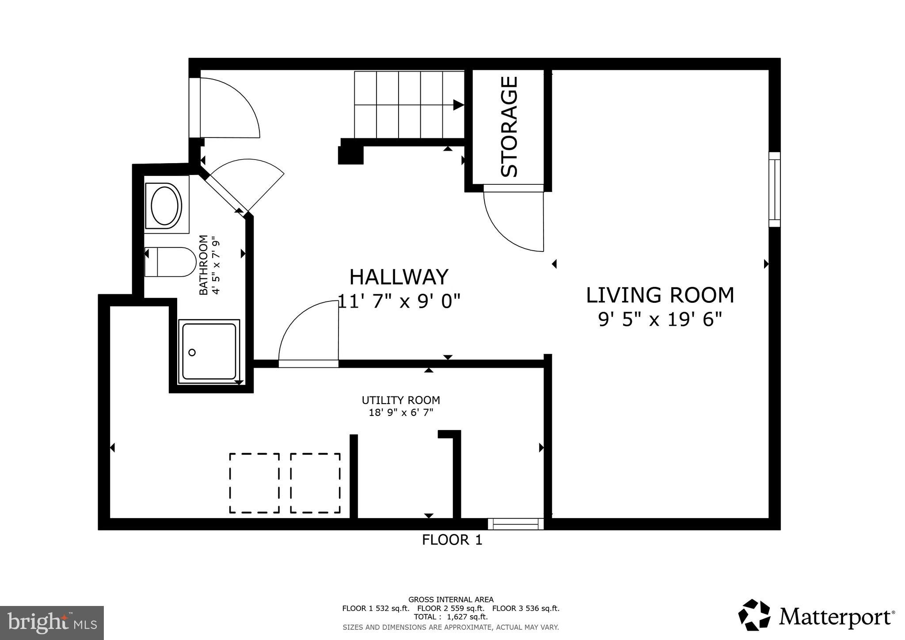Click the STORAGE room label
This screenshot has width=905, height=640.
pos(509,126)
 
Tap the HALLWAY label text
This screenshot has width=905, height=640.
pos(399,277)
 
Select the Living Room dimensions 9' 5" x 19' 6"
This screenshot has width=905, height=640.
pos(660,319)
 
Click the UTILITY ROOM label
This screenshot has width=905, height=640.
pos(401,400)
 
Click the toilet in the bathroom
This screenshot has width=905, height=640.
pos(171,262)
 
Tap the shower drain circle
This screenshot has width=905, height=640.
pos(192,352)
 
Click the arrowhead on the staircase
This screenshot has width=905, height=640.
pos(458,105)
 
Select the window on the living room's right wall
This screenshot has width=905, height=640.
pos(774,189)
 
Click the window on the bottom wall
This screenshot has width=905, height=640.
pos(516,524)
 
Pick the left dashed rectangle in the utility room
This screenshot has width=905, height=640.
pos(254,483)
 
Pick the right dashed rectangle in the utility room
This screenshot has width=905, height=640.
pos(315,483)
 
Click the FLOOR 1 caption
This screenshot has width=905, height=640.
pos(452,540)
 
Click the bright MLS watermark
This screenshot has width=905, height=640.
pos(52,623)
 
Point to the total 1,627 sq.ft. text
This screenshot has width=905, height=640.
pos(450,617)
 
